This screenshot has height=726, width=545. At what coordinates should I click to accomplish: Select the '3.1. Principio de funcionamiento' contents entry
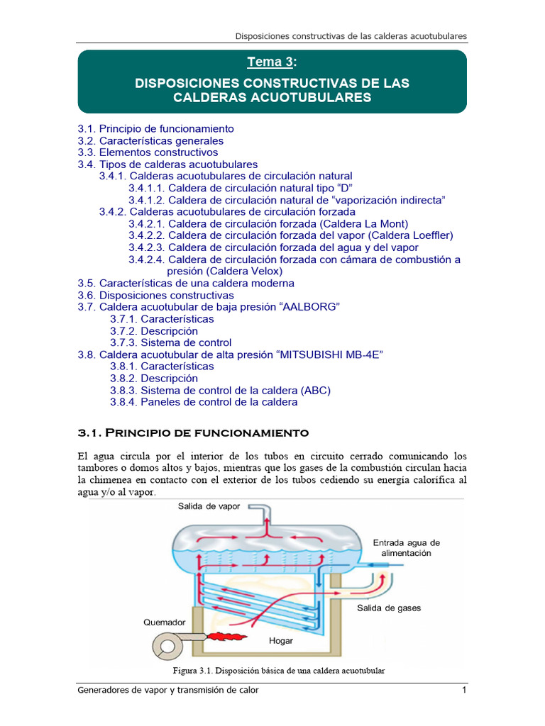point(155,129)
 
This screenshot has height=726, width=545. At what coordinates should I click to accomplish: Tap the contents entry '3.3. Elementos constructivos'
point(148,152)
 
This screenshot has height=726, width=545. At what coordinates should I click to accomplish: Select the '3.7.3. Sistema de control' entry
point(170,342)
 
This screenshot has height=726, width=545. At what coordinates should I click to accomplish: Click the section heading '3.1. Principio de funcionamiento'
point(193,432)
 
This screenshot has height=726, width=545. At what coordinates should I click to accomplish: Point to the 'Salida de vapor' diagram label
point(210,506)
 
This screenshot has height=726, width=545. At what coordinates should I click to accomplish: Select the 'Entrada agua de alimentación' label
point(407,547)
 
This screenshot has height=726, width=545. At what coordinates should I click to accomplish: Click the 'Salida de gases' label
point(388,608)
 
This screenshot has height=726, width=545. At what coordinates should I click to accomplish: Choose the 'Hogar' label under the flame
point(281,641)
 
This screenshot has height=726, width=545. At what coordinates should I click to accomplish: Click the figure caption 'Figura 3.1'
point(279,671)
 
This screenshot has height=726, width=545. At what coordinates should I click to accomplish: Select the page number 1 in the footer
point(463,691)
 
